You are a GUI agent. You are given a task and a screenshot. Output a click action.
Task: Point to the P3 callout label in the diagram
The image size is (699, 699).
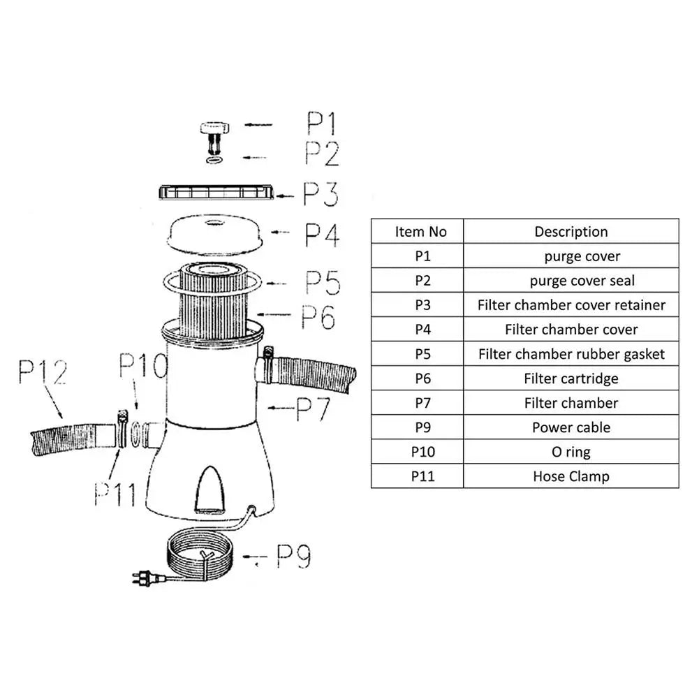pos(321,195)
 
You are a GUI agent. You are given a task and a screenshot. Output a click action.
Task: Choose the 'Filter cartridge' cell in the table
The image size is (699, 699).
pos(571,378)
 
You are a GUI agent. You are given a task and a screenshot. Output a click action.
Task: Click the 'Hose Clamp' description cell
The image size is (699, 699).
pos(571,476)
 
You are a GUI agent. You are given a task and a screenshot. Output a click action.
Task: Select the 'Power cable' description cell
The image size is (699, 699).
pos(571,427)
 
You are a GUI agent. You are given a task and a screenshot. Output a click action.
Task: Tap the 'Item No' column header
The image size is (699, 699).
pos(420,232)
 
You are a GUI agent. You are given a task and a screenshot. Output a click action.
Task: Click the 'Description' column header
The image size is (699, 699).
pos(571,232)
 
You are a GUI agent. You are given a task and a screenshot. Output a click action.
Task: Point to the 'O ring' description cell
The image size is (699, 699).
pos(571,452)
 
